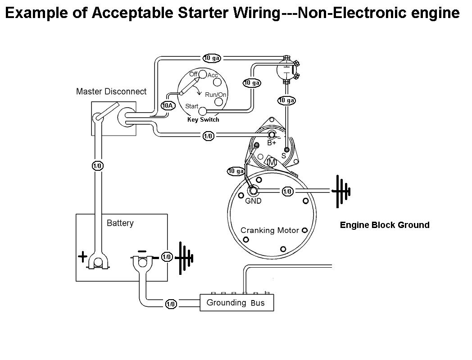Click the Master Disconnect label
111,91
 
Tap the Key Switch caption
203,120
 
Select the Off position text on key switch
193,74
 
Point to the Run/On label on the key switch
216,95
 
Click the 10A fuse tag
168,106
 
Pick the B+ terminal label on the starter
272,143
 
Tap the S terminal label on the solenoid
283,155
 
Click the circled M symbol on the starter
272,162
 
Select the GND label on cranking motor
253,201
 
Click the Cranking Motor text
270,230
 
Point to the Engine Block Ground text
385,225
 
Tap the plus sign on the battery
83,257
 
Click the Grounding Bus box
237,303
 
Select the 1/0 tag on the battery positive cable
97,166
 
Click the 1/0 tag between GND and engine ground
287,191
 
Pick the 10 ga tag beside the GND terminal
236,171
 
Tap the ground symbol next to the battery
184,258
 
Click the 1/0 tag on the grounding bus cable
171,304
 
